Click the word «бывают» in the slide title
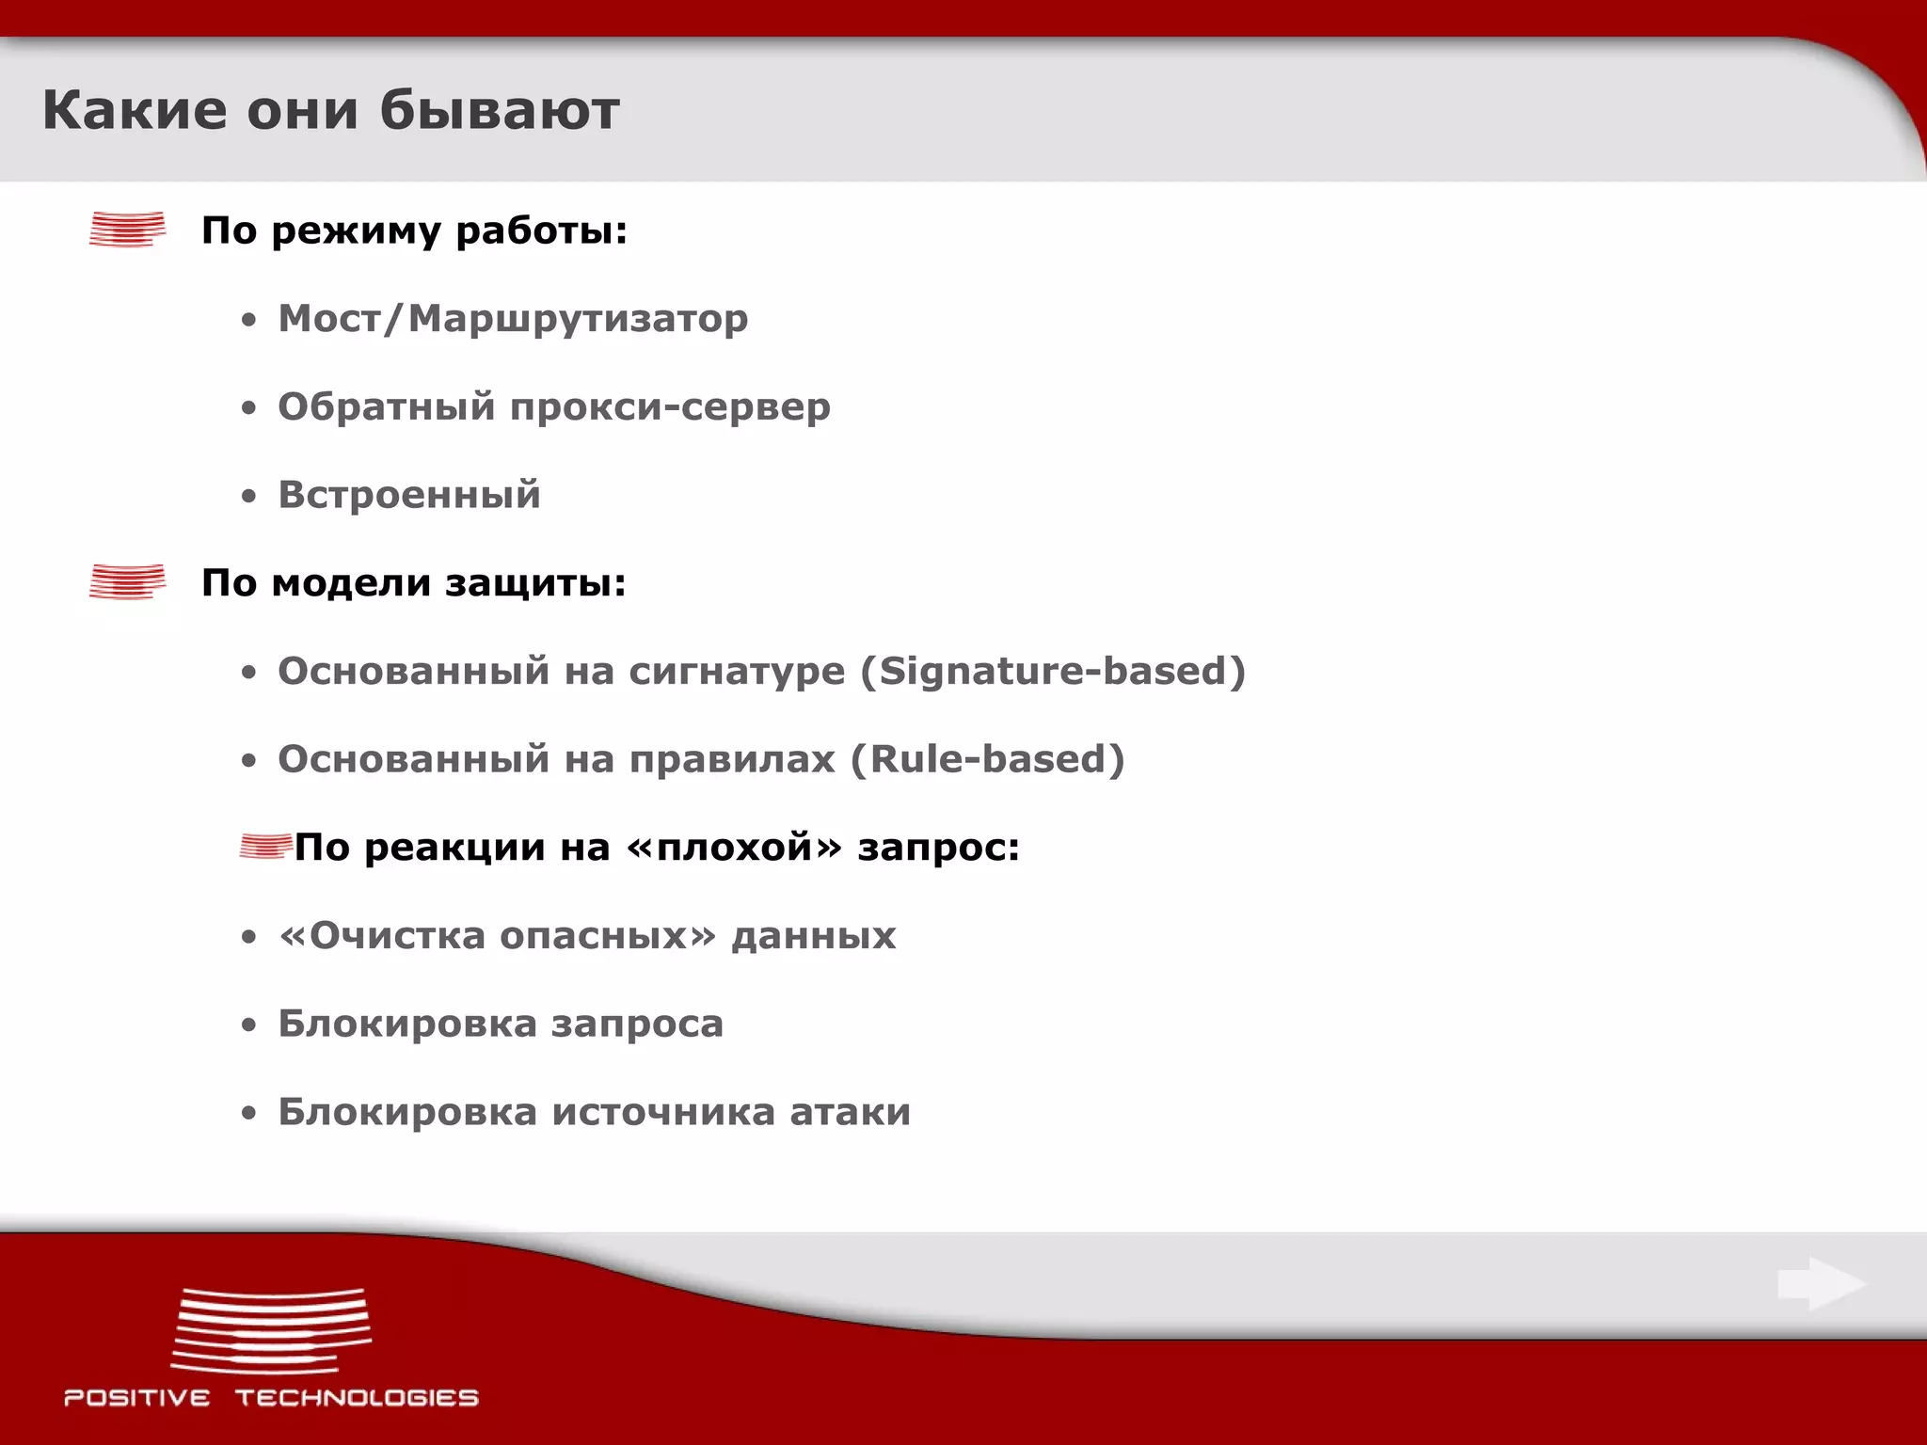coord(500,110)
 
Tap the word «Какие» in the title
coord(135,110)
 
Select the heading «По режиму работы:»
coord(414,231)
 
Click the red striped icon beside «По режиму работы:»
coord(127,230)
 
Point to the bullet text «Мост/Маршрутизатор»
coord(513,319)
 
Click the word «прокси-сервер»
coord(670,407)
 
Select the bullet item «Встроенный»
coord(409,495)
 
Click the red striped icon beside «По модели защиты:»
coord(127,581)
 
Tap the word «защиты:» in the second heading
coord(535,583)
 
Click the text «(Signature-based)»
coord(1053,672)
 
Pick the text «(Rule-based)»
coord(987,759)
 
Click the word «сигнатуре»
coord(737,672)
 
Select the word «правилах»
coord(732,759)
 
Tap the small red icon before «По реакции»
coord(264,847)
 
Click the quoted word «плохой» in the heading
coord(734,848)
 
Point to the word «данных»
coord(814,936)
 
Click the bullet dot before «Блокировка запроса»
coord(248,1025)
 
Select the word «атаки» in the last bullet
coord(850,1112)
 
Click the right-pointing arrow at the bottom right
coord(1822,1284)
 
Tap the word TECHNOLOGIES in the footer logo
coord(357,1398)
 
